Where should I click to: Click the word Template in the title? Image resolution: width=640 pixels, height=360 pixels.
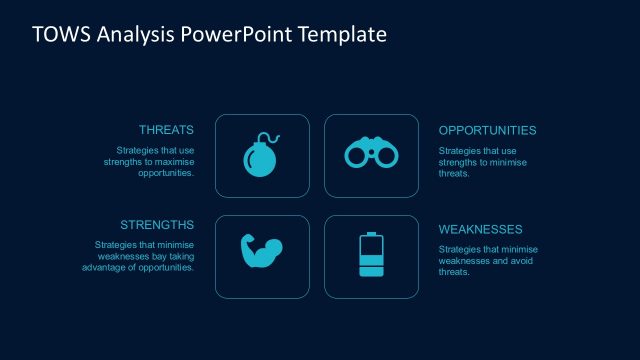click(x=343, y=35)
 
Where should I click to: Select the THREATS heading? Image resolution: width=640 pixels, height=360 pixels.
click(x=166, y=130)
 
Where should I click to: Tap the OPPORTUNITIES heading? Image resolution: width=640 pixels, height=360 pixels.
click(x=487, y=130)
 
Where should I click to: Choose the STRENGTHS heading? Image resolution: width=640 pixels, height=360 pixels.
click(x=157, y=224)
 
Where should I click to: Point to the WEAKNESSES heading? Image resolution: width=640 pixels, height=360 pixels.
click(x=481, y=229)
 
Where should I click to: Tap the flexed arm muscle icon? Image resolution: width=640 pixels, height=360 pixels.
click(x=261, y=253)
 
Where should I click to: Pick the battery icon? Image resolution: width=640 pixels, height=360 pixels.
click(x=371, y=255)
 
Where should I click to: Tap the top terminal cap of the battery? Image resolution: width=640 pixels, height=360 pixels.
click(x=371, y=234)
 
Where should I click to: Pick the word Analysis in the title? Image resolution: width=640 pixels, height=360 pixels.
click(x=132, y=35)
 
